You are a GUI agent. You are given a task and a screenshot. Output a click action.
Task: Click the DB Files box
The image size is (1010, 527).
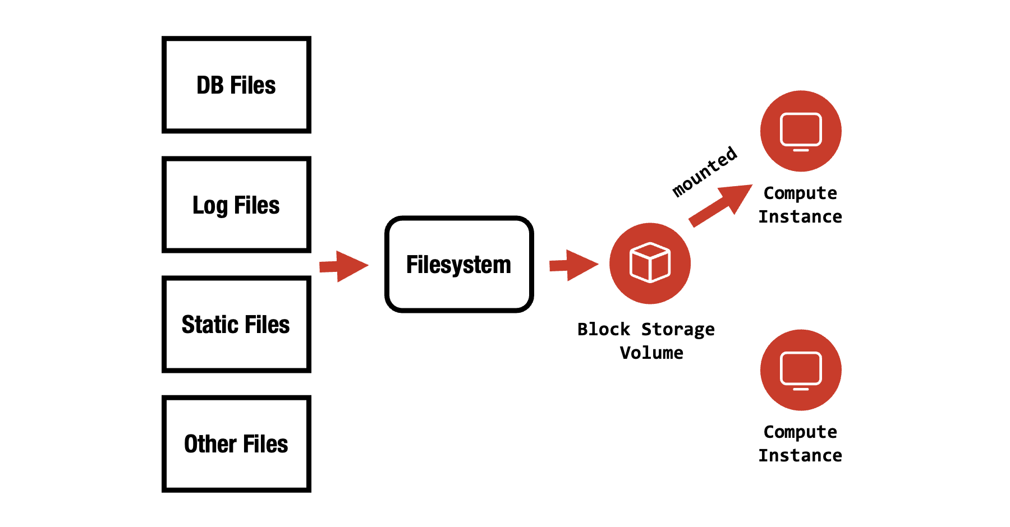[236, 85]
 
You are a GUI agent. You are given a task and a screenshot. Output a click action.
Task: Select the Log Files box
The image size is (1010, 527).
[236, 205]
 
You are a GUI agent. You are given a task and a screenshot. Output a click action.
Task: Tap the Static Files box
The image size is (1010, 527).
[236, 324]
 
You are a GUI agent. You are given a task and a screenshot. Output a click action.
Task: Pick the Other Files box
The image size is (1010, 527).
[236, 443]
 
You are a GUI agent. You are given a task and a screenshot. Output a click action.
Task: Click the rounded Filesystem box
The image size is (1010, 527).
[459, 264]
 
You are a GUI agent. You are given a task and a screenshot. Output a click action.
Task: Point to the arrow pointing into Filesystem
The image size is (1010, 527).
[344, 266]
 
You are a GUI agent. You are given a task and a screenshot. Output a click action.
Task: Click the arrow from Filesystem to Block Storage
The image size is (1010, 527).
[573, 265]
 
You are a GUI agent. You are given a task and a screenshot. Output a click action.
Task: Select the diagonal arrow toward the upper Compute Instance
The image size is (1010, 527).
[720, 206]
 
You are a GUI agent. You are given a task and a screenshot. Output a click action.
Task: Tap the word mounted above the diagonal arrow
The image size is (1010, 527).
[705, 171]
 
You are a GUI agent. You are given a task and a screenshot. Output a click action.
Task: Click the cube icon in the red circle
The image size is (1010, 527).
[650, 262]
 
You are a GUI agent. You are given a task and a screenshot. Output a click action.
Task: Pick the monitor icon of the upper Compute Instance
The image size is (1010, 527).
[801, 131]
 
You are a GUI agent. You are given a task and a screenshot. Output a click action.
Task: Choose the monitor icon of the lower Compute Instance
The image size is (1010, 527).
[801, 370]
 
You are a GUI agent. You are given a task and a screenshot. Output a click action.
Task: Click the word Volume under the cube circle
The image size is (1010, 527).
[651, 353]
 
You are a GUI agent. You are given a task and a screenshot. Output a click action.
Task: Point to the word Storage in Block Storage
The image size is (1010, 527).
[678, 330]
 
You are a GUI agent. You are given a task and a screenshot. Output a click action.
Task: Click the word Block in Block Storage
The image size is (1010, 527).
[604, 329]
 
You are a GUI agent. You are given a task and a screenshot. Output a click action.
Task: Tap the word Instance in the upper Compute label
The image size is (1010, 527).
[800, 216]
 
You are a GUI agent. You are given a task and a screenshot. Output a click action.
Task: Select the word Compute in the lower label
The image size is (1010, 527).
[800, 432]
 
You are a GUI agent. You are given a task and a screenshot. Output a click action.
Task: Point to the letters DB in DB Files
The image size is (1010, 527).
[209, 85]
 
